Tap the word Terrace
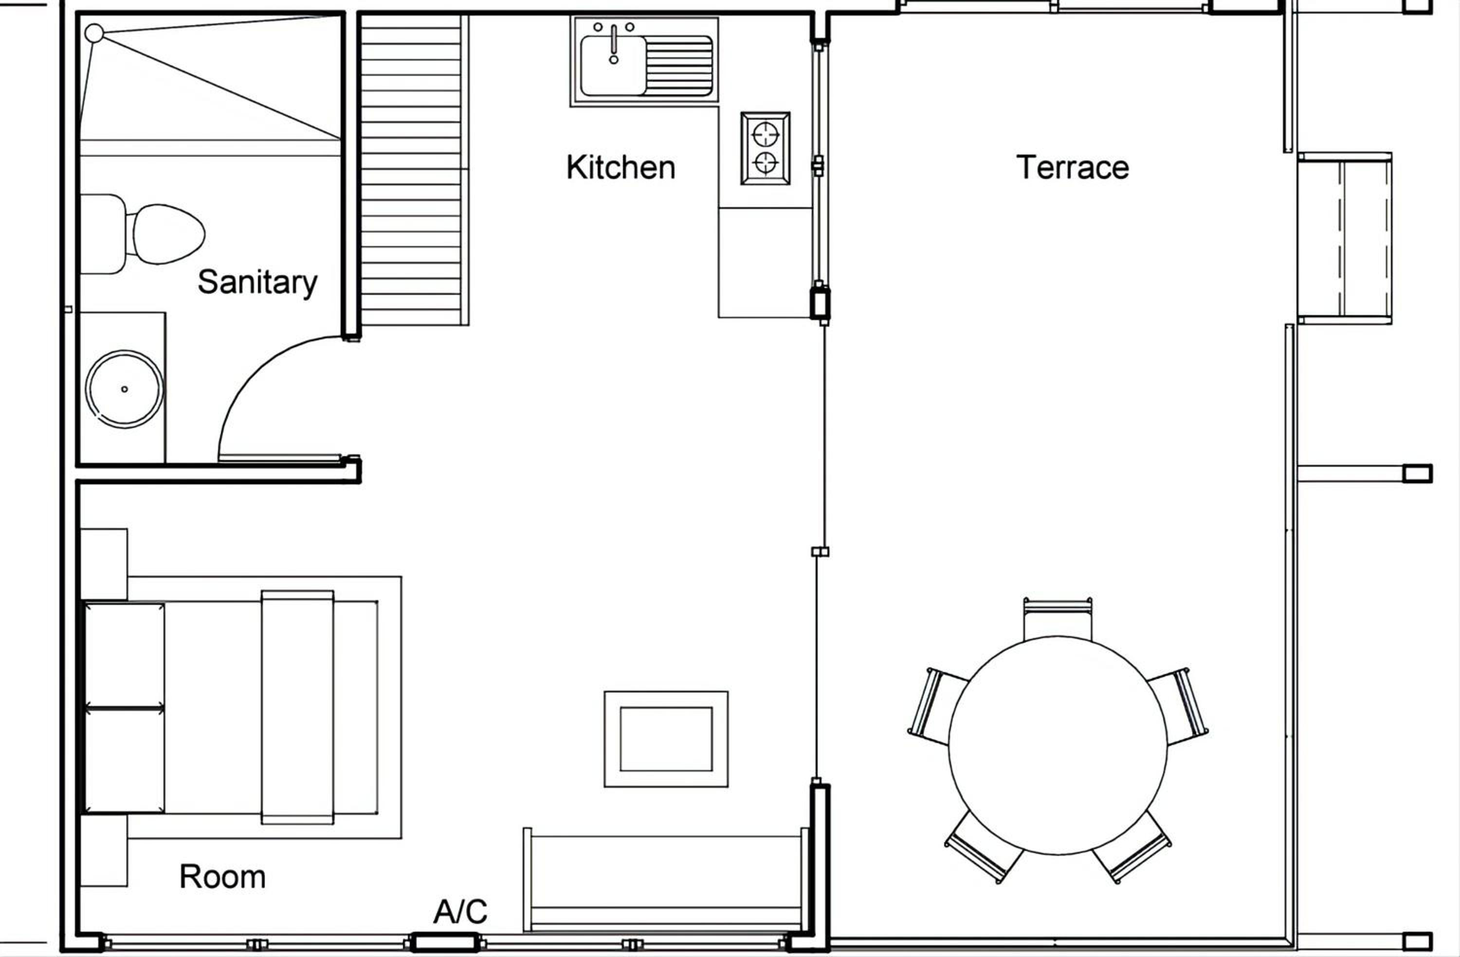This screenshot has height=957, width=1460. coord(1072,167)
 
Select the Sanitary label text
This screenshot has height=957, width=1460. coord(257,283)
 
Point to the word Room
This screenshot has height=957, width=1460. coord(222,877)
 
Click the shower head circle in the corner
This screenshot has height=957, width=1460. coord(94,33)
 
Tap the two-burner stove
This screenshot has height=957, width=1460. coord(765,148)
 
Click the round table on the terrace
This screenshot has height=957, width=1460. coord(1058,745)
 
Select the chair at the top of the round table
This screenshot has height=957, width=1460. coord(1058,618)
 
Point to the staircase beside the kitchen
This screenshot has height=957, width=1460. coord(415,170)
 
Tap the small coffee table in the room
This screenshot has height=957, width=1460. coord(666,739)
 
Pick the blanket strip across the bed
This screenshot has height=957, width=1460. coord(297,708)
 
